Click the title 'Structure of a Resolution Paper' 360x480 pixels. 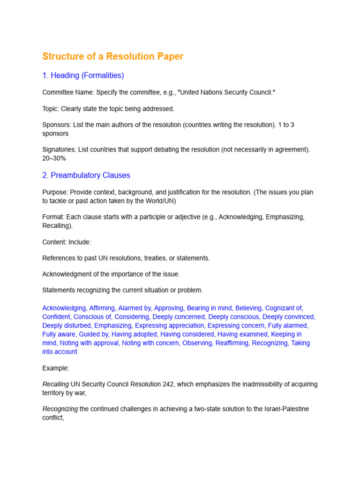click(112, 57)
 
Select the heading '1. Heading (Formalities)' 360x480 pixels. click(83, 75)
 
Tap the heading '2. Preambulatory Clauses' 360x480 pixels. click(86, 175)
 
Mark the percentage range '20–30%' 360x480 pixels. click(54, 158)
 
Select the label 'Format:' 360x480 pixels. click(53, 217)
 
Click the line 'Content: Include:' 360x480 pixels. click(67, 242)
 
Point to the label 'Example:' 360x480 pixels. click(56, 368)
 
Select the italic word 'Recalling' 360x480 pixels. click(55, 384)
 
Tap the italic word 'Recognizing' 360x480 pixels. click(60, 409)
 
